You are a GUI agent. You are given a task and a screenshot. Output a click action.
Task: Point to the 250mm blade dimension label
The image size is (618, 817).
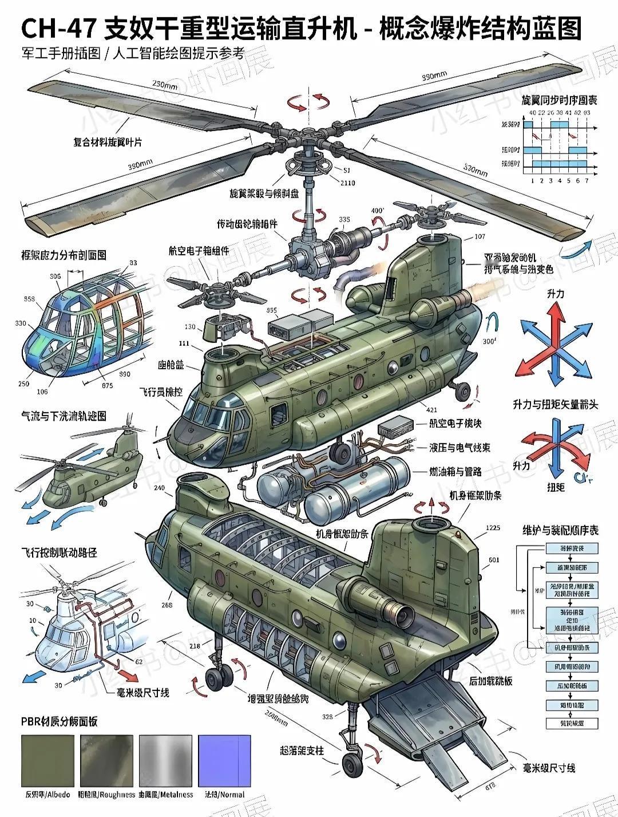tap(166, 85)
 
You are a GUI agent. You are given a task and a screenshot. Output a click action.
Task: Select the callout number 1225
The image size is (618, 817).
tap(492, 528)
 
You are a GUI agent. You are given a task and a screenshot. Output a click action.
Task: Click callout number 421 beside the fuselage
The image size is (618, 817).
tap(432, 409)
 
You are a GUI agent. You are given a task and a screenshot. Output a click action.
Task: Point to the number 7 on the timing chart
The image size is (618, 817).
tap(586, 181)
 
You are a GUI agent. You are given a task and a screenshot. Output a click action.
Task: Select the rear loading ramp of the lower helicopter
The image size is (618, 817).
tap(441, 721)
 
